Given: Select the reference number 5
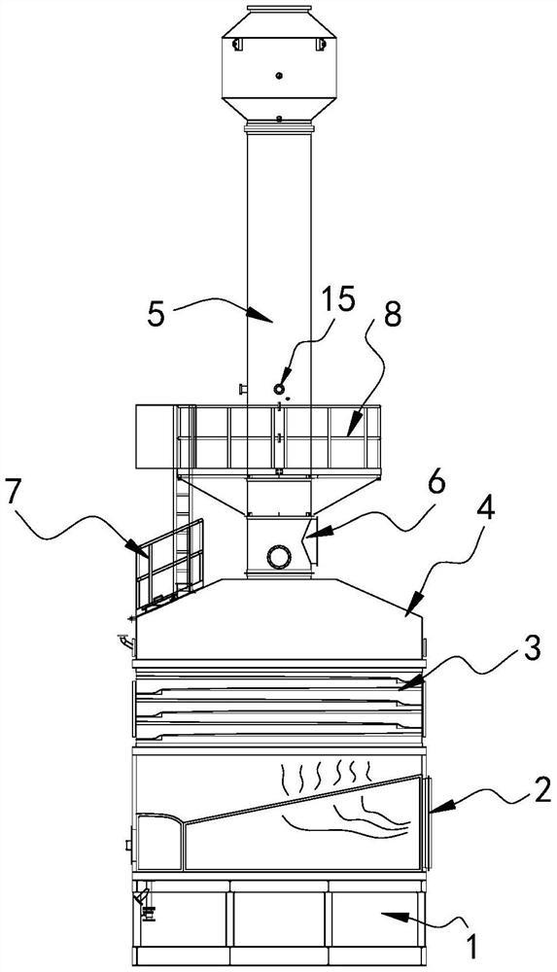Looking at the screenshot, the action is pyautogui.click(x=157, y=315).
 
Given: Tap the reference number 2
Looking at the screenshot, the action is pyautogui.click(x=541, y=792).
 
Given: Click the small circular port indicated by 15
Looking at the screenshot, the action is pyautogui.click(x=279, y=388).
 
